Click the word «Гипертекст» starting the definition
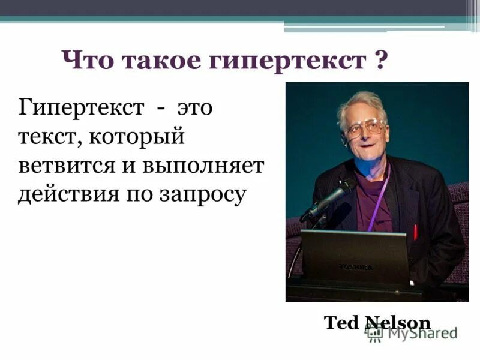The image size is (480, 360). point(81,110)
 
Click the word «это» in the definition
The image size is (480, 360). point(195,110)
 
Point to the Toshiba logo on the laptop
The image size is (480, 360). point(355,266)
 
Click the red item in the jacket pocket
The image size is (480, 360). point(415,231)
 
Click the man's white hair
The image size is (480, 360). point(361,102)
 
